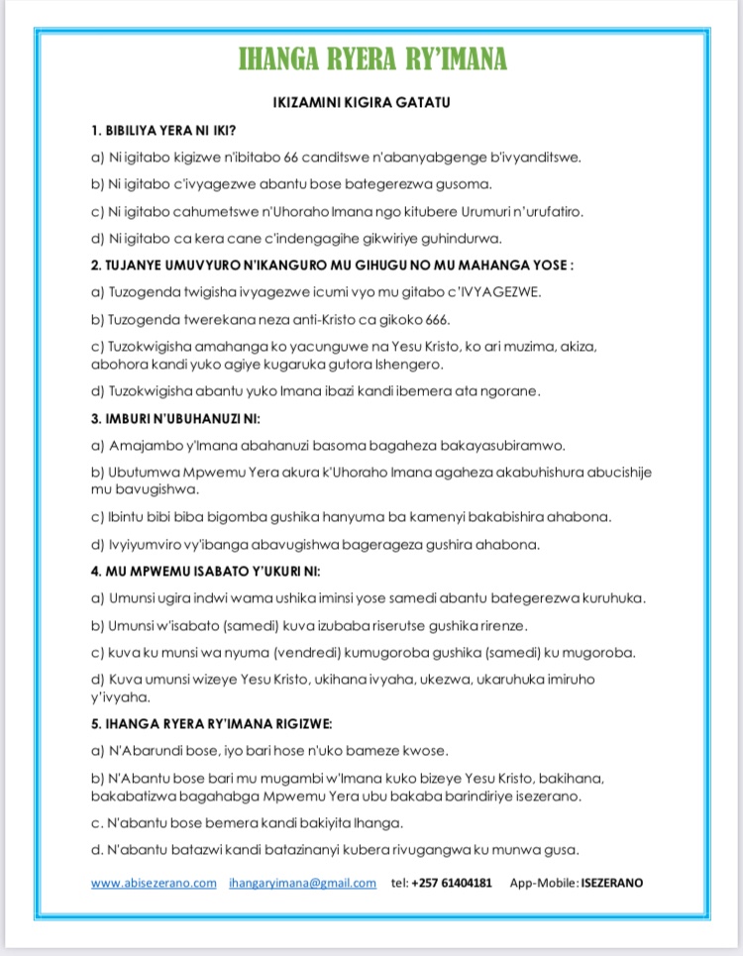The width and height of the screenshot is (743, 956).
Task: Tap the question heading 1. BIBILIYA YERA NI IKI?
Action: coord(163,131)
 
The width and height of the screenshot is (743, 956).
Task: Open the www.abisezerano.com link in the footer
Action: coord(154,883)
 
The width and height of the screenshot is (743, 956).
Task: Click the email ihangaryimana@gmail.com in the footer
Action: coord(302,883)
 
